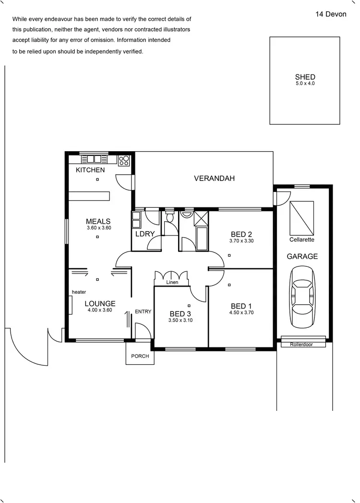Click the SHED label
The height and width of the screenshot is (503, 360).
(305, 77)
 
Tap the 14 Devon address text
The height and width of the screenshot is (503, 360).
(331, 14)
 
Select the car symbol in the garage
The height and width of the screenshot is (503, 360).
(302, 293)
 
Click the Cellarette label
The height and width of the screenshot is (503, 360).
(302, 240)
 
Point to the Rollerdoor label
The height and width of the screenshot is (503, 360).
(301, 344)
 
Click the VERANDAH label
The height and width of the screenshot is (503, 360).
(214, 178)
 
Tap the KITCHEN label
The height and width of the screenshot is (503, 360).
(90, 170)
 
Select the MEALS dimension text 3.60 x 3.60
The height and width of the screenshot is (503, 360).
(99, 228)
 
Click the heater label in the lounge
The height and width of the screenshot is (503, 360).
(79, 292)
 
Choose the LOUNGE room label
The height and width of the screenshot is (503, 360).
(100, 303)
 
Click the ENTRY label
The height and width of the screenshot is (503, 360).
(143, 311)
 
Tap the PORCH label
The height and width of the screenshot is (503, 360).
(140, 356)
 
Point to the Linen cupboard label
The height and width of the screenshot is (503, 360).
(172, 282)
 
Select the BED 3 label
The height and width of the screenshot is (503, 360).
(180, 314)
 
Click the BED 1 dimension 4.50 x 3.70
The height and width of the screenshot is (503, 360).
(241, 312)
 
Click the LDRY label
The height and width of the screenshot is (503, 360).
(144, 234)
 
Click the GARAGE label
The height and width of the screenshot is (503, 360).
(302, 256)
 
